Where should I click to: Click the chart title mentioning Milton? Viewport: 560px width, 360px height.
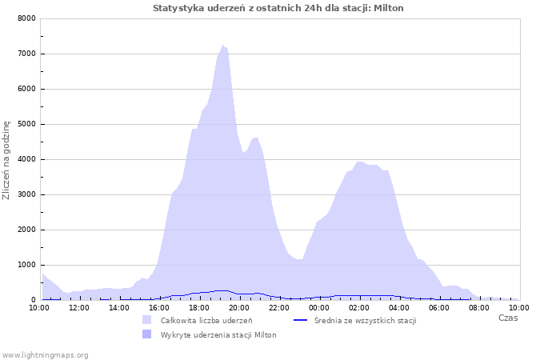click(x=278, y=8)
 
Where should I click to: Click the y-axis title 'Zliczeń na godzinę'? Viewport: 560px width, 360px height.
click(x=6, y=160)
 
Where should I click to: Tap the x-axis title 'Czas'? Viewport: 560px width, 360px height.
click(x=508, y=318)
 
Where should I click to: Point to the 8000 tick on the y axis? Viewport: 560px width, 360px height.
click(x=26, y=18)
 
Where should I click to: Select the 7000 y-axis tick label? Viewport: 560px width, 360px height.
click(x=26, y=54)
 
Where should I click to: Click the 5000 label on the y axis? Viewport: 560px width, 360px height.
click(x=26, y=124)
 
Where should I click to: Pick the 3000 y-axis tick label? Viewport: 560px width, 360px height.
click(x=26, y=194)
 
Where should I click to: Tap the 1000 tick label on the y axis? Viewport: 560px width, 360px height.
click(x=26, y=265)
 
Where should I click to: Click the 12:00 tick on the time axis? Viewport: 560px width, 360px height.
click(x=79, y=306)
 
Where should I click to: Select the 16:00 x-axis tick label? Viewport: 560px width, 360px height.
click(x=159, y=306)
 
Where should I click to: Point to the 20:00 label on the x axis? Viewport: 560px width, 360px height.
click(x=239, y=306)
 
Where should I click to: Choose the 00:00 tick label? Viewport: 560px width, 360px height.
click(x=319, y=306)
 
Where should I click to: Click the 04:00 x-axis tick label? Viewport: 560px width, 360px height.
click(x=399, y=306)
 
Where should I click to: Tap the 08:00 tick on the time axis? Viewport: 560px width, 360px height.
click(x=479, y=306)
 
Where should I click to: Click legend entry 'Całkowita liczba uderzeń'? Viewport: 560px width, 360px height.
click(x=206, y=320)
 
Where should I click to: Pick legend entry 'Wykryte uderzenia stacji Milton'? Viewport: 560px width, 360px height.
click(x=218, y=334)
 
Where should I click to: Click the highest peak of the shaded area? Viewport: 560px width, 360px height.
click(x=223, y=46)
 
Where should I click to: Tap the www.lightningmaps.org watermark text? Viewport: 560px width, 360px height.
click(x=45, y=354)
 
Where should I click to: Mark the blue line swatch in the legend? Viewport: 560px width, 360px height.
click(x=302, y=320)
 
